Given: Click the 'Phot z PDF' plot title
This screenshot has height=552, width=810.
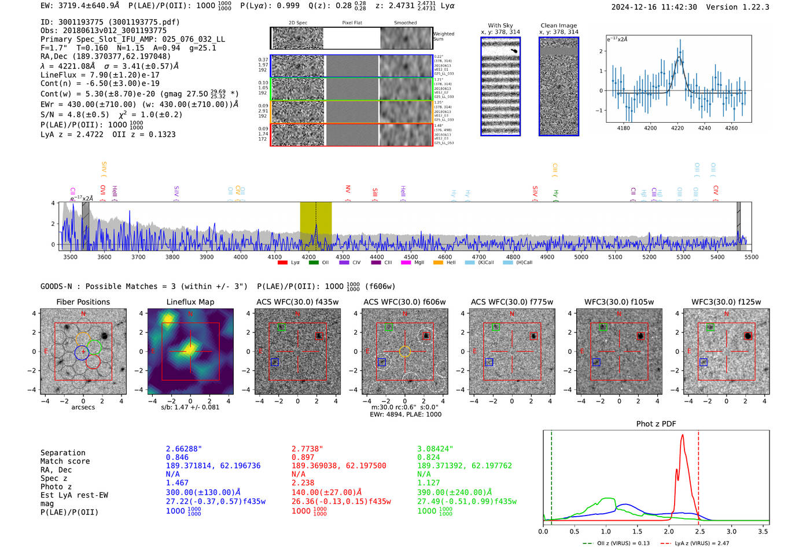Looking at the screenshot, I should [x=656, y=424].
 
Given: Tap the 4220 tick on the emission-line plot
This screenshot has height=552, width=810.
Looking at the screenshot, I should [x=678, y=128].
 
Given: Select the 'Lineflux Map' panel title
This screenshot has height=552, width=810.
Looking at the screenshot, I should [x=190, y=302].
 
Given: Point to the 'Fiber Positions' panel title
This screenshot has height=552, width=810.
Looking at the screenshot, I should [x=83, y=302].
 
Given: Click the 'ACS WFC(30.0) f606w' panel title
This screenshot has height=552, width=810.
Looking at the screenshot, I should [x=404, y=302].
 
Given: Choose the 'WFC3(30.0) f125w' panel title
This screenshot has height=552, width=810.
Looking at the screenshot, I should [x=726, y=302].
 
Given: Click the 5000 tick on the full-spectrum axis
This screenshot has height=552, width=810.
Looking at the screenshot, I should [x=581, y=257].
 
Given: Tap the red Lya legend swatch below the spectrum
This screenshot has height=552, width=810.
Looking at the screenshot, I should [x=282, y=263].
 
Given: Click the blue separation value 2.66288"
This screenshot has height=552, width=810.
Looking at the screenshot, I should [x=184, y=449].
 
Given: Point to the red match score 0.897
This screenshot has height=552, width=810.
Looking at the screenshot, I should [x=303, y=458].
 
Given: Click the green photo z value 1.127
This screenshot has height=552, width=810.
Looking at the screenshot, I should [x=428, y=482].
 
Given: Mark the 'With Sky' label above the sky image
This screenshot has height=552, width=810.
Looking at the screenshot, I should [x=500, y=25].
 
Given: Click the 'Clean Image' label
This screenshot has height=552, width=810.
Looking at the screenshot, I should [x=558, y=25].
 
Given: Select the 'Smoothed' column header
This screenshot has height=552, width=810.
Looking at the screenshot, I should [x=405, y=23].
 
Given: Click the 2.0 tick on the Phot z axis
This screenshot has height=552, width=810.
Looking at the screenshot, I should [x=669, y=531].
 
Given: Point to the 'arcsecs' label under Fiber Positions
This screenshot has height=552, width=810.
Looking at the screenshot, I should [x=83, y=407].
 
